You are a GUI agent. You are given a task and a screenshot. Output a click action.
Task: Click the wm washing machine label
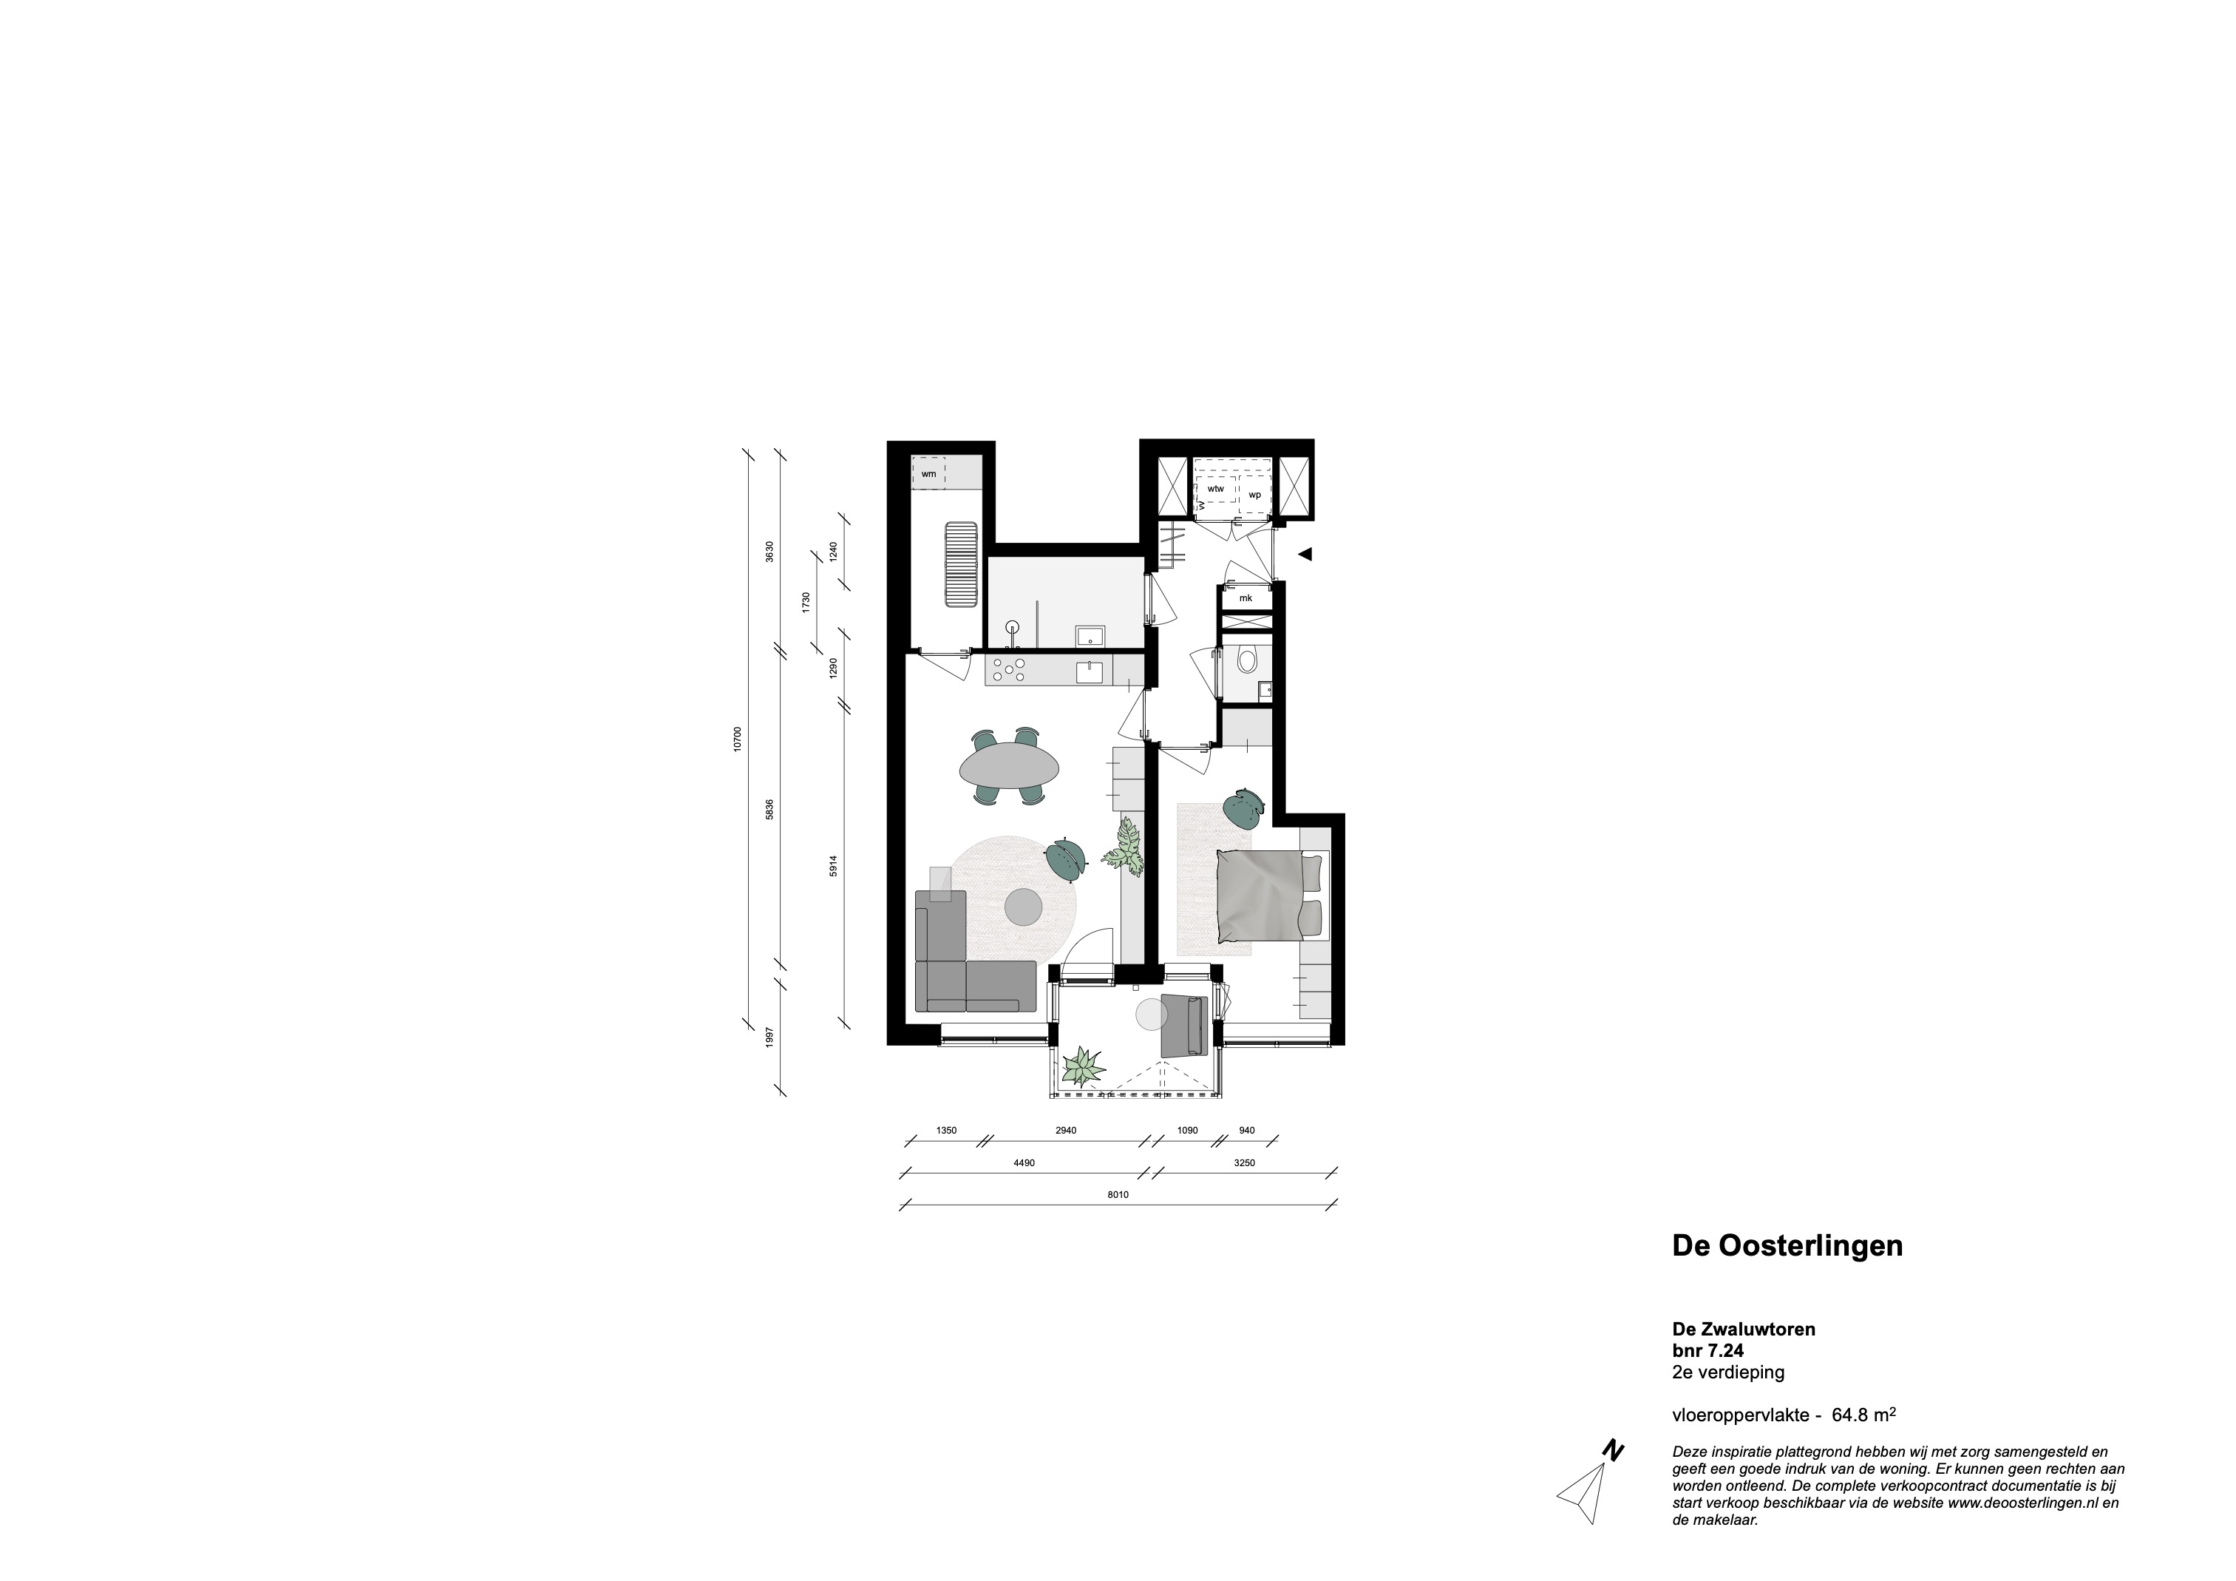[928, 473]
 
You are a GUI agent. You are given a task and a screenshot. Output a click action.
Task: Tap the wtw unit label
[1215, 488]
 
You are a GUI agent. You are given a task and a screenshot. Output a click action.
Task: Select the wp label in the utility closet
[1254, 495]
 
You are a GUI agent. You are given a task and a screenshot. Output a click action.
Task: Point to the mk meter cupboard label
[1246, 598]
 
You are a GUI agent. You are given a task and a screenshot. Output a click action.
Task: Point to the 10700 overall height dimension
[738, 739]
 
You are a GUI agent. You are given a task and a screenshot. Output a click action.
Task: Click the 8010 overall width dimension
[1118, 1194]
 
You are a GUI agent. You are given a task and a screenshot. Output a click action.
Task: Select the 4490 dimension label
[1024, 1162]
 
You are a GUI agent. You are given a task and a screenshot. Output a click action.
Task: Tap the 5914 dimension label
[834, 866]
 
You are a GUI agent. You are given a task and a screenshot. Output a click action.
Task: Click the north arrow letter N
[1613, 1477]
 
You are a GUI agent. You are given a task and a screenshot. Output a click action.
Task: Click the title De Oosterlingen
[1787, 1246]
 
